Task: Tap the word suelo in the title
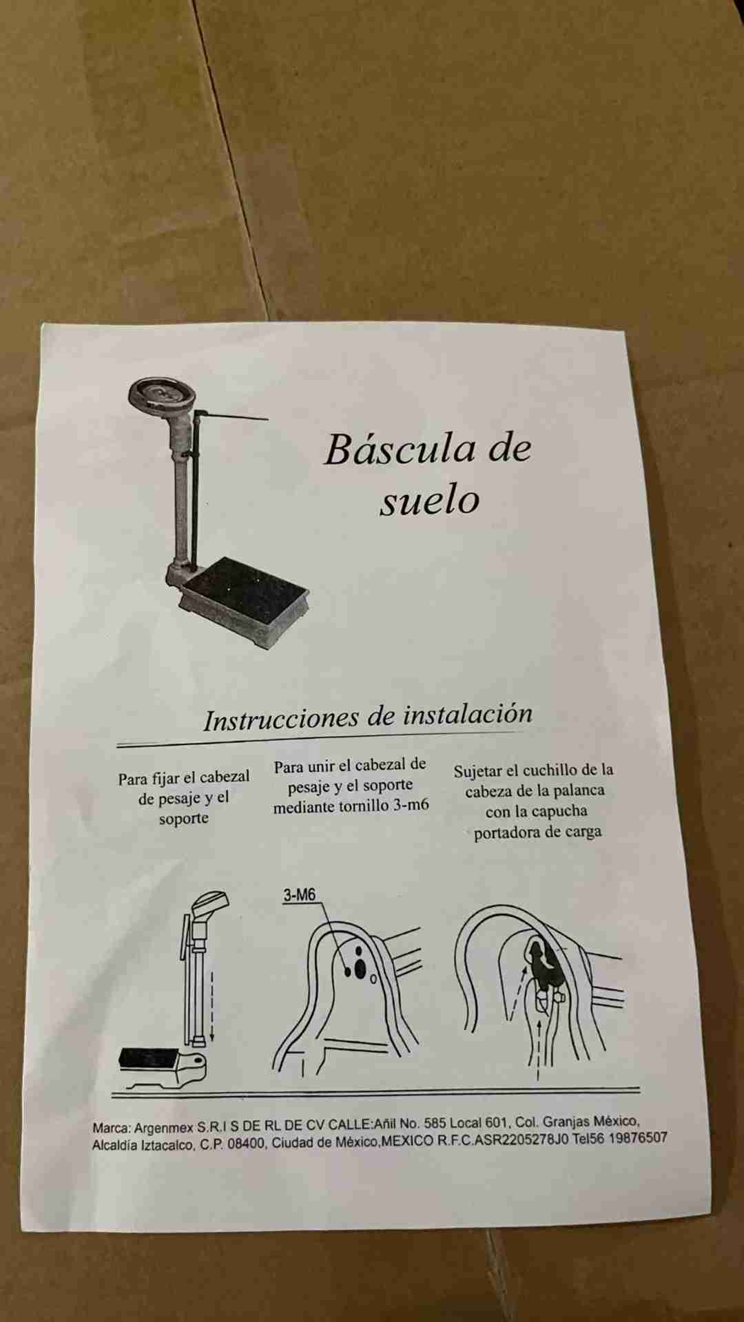[429, 501]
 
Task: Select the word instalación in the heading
[468, 714]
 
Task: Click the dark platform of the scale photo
[246, 589]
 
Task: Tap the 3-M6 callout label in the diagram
[299, 895]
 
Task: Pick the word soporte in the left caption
[183, 819]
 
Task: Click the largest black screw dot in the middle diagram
[360, 968]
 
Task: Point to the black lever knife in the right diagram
[546, 963]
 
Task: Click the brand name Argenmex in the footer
[163, 1128]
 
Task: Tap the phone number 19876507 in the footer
[638, 1137]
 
